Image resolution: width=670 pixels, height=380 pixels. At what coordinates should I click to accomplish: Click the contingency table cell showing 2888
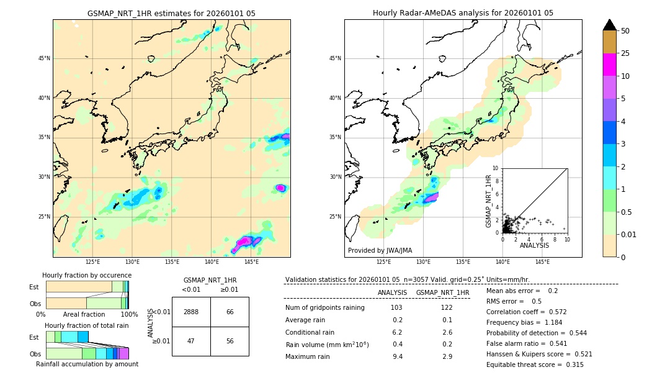pyautogui.click(x=191, y=312)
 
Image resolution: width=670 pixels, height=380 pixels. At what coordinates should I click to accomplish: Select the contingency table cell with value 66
pyautogui.click(x=230, y=312)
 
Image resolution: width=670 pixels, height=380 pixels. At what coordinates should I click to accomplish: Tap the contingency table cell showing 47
pyautogui.click(x=191, y=342)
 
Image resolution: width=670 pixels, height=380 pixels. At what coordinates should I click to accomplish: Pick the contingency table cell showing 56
pyautogui.click(x=230, y=342)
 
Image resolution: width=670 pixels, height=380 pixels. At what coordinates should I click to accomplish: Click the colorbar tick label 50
pyautogui.click(x=625, y=30)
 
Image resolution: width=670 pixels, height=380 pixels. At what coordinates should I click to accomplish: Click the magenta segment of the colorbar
pyautogui.click(x=609, y=65)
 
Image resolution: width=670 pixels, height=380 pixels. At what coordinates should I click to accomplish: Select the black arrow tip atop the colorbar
pyautogui.click(x=609, y=24)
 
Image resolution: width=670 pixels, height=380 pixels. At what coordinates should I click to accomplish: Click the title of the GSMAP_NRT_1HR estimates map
pyautogui.click(x=171, y=13)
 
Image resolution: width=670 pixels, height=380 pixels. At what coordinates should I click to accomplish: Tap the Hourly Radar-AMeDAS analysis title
pyautogui.click(x=463, y=13)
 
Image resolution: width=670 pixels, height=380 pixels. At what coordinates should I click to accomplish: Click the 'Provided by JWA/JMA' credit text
pyautogui.click(x=379, y=250)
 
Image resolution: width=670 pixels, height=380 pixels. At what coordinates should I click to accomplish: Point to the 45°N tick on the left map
pyautogui.click(x=44, y=58)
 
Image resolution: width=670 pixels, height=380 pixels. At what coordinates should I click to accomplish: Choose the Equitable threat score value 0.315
pyautogui.click(x=571, y=364)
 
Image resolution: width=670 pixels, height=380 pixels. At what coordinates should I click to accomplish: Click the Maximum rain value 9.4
pyautogui.click(x=398, y=356)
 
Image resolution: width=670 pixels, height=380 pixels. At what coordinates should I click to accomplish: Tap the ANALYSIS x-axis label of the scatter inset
pyautogui.click(x=534, y=246)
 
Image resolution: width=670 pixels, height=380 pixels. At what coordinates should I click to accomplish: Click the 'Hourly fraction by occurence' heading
pyautogui.click(x=87, y=275)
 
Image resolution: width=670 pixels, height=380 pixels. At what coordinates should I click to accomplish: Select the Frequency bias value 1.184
pyautogui.click(x=545, y=322)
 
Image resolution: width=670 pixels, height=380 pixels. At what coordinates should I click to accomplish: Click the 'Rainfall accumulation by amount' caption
pyautogui.click(x=87, y=364)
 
